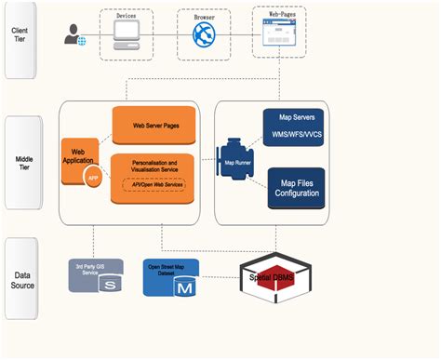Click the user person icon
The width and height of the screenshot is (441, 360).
point(73,36)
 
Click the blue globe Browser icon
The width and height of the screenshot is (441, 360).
point(203,36)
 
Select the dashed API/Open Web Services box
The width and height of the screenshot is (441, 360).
point(153,186)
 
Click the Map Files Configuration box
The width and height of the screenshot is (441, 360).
point(297,188)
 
